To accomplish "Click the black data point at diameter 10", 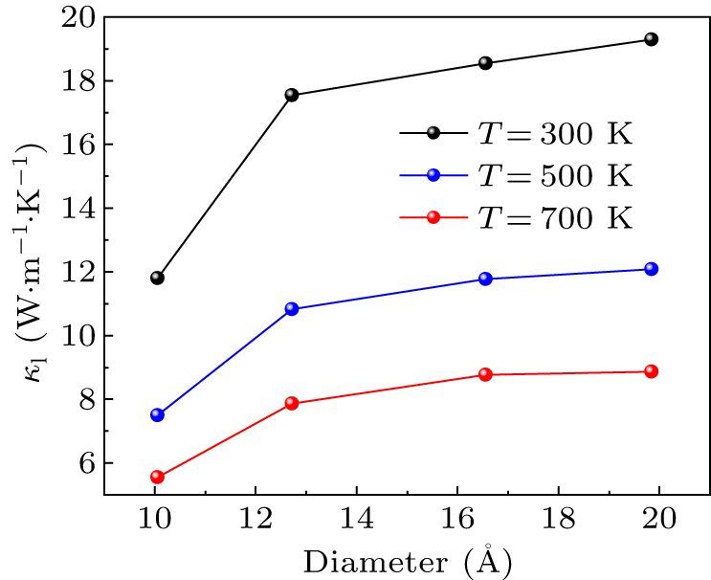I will coord(157,279).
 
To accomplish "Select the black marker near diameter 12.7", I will coord(292,96).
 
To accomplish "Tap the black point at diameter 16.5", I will coord(485,63).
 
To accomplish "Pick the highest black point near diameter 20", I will coord(652,39).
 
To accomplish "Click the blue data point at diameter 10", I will coord(157,415).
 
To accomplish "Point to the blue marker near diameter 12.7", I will coord(292,309).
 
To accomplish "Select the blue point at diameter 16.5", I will coord(485,279).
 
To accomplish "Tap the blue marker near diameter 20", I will coord(652,269).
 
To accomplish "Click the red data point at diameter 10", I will coord(157,477).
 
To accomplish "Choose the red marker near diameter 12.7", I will coord(292,404).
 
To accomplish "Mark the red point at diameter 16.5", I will coord(485,374).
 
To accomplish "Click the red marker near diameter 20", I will coord(652,371).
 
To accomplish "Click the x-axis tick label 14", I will coord(356,518).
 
